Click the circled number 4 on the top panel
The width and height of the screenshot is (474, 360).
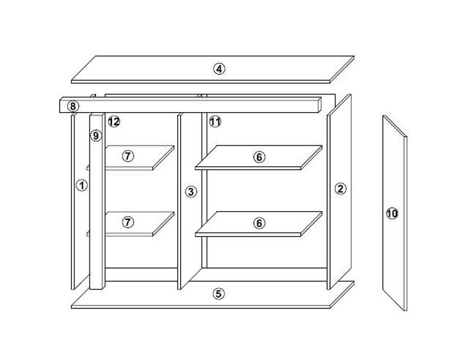coord(219,69)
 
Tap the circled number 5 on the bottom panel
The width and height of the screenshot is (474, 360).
coord(219,294)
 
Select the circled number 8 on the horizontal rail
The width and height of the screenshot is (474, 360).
coord(73,107)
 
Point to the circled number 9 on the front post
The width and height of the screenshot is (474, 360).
coord(96,136)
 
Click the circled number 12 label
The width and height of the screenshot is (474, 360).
coord(114,122)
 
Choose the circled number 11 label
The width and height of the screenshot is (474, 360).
coord(215,122)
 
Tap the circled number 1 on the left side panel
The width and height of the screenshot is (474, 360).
coord(82,185)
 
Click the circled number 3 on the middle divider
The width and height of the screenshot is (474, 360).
coord(191,192)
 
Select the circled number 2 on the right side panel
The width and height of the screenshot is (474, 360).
coord(340,189)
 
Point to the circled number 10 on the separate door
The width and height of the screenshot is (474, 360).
coord(392,214)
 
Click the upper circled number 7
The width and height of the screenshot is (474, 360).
coord(128,156)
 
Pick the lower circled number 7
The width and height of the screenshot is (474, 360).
coord(128,222)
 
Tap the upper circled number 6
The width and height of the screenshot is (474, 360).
coord(259,157)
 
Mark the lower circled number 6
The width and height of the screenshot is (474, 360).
coord(259,223)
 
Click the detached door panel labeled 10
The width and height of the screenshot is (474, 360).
coord(395,213)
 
